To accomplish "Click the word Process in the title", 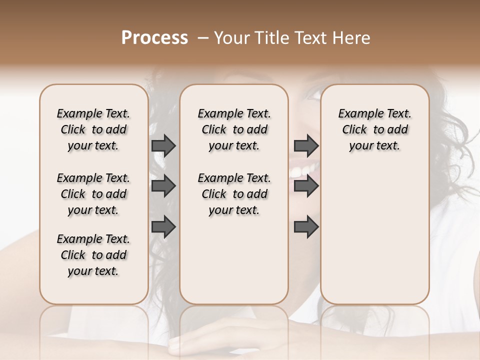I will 154,38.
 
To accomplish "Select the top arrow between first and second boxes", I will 163,145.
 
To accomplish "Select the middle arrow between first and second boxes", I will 163,186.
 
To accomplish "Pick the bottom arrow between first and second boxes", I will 163,227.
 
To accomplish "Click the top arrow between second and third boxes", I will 306,145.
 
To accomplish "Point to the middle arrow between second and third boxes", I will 306,186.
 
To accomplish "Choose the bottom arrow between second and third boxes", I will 306,227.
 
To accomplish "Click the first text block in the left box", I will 93,129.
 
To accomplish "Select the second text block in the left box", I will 93,194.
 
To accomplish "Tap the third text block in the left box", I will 93,255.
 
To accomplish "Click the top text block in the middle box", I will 234,129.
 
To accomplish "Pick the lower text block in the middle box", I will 234,194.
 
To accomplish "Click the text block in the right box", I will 374,129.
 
